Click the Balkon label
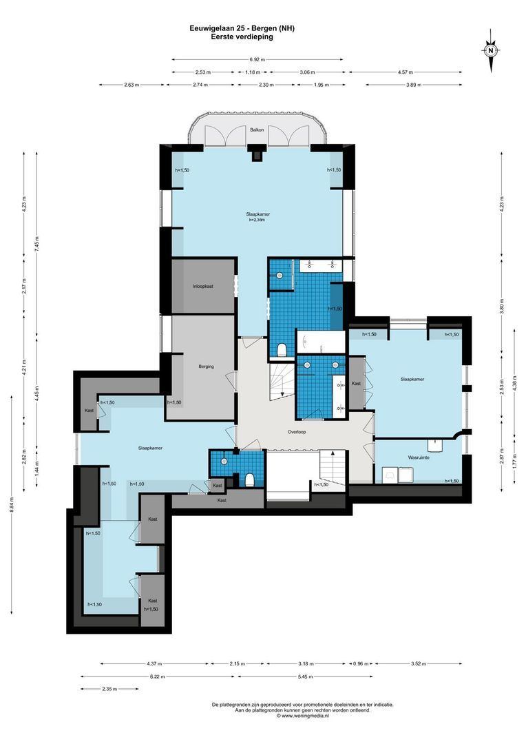(x=257, y=130)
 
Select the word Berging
(x=206, y=366)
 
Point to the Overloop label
(x=297, y=433)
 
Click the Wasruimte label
(x=419, y=457)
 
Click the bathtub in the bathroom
(x=320, y=342)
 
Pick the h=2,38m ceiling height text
(x=257, y=220)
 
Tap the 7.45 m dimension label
(x=36, y=243)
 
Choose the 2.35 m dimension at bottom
(x=109, y=689)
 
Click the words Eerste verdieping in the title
(x=242, y=37)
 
